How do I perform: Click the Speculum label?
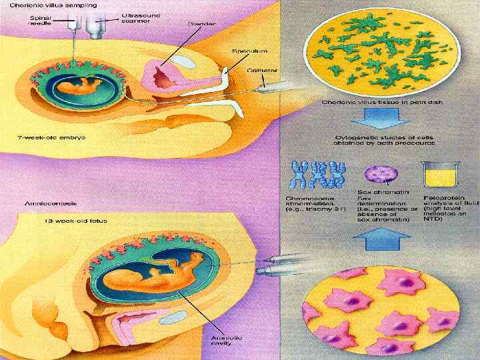click(249, 50)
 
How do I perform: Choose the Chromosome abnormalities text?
click(314, 203)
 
